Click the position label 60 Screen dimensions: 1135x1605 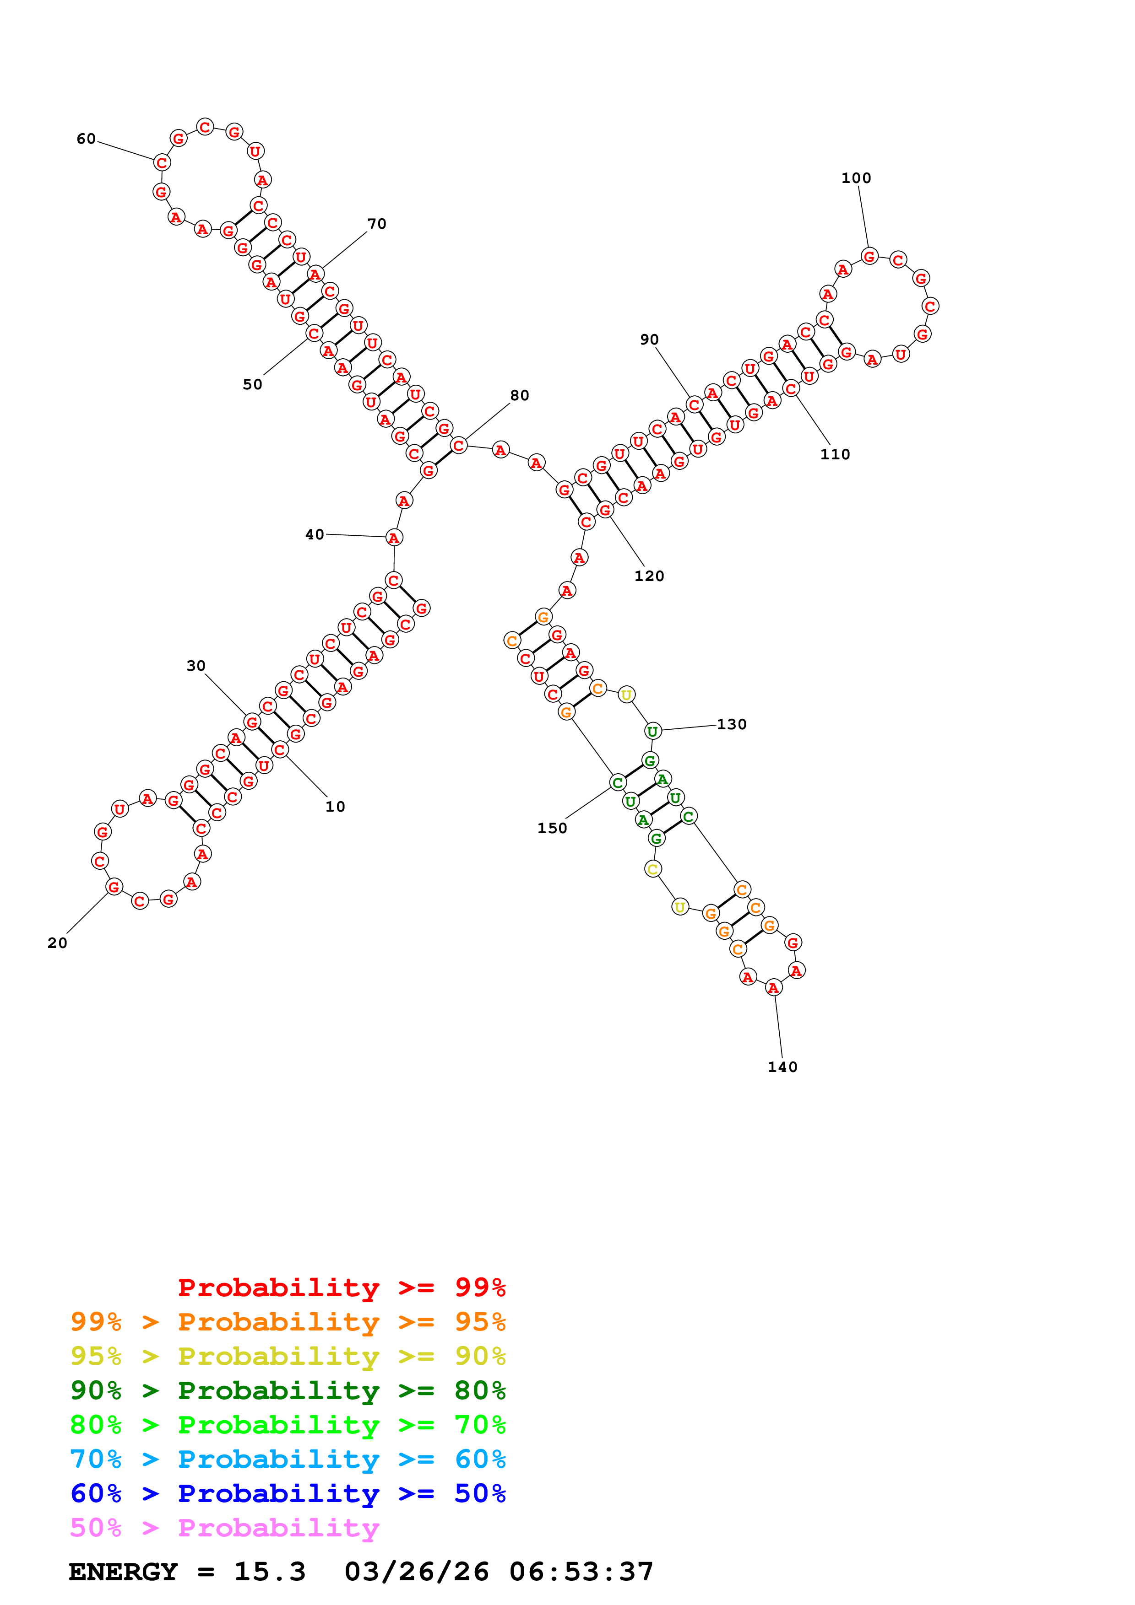coord(86,139)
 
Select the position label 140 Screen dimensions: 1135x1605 coord(782,1067)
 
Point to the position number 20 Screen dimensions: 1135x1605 coord(57,943)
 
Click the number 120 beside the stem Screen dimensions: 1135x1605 coord(649,576)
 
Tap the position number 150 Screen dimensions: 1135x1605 coord(552,829)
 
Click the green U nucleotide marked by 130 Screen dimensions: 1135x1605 coord(652,731)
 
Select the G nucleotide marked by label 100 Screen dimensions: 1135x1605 coord(869,257)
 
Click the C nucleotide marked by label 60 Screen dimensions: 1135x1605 coord(162,163)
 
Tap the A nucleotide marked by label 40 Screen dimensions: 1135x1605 coord(394,538)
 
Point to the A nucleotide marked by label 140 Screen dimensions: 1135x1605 coord(773,988)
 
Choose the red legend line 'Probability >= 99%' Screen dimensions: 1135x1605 coord(341,1287)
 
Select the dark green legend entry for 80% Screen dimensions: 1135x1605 coord(288,1390)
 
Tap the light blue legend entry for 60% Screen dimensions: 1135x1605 coord(288,1459)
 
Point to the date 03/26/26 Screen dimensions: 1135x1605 coord(417,1572)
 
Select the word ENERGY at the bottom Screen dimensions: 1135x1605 coord(123,1572)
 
